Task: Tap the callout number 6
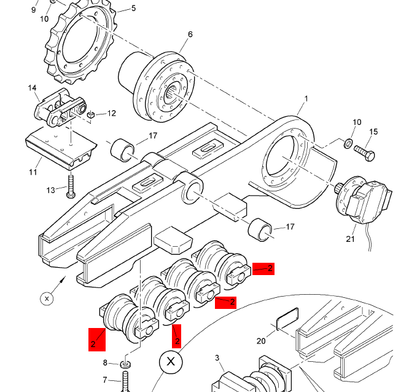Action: [190, 34]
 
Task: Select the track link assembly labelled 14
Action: [61, 108]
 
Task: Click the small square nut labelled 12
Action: [90, 114]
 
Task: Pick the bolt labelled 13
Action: [71, 186]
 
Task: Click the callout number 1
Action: [306, 98]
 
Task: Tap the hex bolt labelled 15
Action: [365, 153]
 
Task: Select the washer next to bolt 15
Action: [348, 143]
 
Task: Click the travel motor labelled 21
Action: [363, 200]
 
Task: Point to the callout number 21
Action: [350, 239]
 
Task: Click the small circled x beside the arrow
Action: [47, 298]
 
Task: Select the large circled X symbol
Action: [171, 362]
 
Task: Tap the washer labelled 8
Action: [125, 364]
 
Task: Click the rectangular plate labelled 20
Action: [287, 318]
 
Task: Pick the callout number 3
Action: [217, 358]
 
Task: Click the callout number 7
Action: [105, 380]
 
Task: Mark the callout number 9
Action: [33, 10]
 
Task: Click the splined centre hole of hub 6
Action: [171, 92]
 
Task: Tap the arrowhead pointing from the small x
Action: [63, 279]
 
